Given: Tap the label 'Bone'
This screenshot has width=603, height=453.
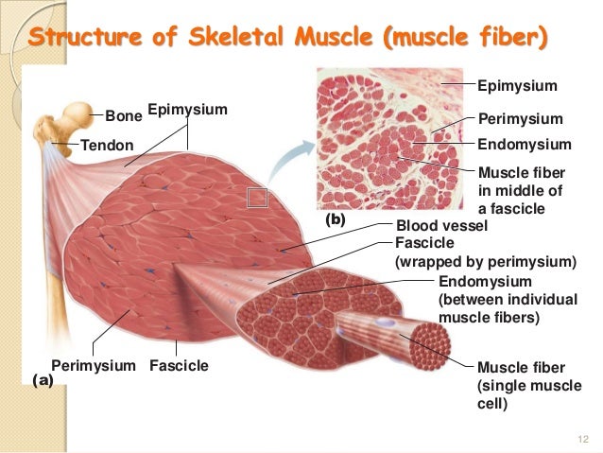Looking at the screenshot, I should [x=122, y=116].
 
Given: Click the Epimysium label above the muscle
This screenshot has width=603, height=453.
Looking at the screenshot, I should [x=188, y=111].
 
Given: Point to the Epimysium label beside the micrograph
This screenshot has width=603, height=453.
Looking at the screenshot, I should [x=518, y=86].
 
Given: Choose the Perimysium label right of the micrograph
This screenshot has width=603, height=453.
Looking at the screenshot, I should [x=521, y=119].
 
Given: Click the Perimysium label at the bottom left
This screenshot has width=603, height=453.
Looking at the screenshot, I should [x=94, y=365].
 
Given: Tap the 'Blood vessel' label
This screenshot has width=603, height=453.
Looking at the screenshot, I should [x=441, y=226].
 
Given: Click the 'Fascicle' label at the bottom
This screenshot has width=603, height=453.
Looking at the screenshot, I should [x=180, y=365].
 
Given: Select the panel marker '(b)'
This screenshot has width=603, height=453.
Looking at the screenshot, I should [x=336, y=219].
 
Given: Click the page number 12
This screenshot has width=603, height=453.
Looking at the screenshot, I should [x=582, y=437].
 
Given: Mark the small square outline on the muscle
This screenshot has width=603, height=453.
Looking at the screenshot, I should [x=258, y=198].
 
